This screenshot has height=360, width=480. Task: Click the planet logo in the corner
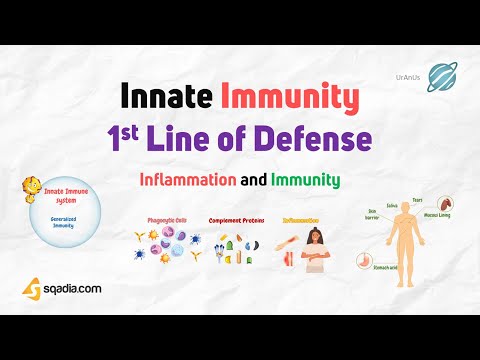point(443,78)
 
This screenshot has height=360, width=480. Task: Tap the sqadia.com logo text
point(72,288)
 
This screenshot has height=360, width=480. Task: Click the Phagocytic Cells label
point(165,220)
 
